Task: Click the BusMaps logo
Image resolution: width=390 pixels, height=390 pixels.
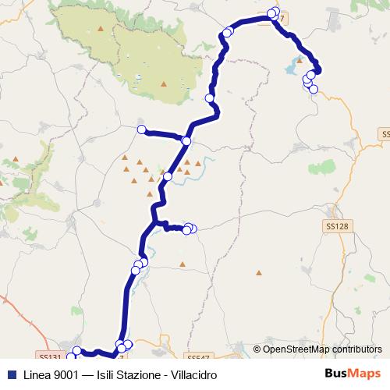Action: click(x=353, y=374)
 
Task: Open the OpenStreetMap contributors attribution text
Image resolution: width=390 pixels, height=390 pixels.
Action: click(x=322, y=349)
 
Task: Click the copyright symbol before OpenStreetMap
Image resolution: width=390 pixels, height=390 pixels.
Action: click(x=256, y=349)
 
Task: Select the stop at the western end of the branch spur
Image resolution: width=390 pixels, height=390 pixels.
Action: click(x=141, y=129)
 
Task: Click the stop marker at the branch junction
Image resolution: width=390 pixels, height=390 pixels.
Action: click(x=186, y=140)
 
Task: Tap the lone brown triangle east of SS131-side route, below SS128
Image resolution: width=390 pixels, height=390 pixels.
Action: click(x=259, y=273)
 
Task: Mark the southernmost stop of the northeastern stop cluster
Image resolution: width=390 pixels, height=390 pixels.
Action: click(x=314, y=89)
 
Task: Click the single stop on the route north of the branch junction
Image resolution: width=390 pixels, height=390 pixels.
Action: click(x=209, y=98)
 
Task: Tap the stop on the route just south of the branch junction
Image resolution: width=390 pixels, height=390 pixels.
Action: click(x=167, y=177)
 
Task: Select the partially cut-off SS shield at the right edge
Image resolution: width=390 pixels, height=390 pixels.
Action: click(x=385, y=134)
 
